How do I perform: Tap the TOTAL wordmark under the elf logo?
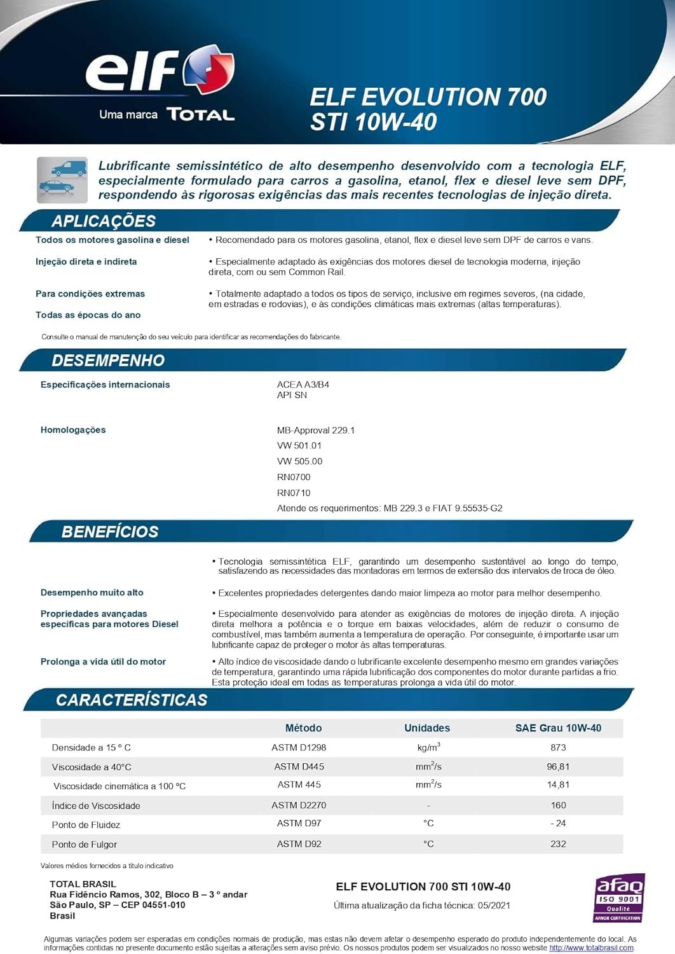(200, 114)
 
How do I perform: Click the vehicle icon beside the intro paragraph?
(62, 180)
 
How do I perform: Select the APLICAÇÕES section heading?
(104, 221)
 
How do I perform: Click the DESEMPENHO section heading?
(108, 361)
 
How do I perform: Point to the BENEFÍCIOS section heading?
(110, 532)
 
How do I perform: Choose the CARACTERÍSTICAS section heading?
(132, 700)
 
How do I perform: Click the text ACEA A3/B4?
(303, 385)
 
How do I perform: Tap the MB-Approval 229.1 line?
(316, 431)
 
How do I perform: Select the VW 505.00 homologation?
(300, 462)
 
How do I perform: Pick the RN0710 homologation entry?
(294, 493)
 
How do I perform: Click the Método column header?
(303, 728)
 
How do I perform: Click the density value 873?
(558, 747)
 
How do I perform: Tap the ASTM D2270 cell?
(299, 805)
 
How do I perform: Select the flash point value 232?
(558, 844)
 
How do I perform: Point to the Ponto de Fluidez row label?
(86, 825)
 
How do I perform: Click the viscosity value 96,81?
(558, 766)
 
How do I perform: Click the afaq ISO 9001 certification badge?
(619, 898)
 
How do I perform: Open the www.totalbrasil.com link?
(591, 948)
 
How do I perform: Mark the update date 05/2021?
(493, 906)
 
